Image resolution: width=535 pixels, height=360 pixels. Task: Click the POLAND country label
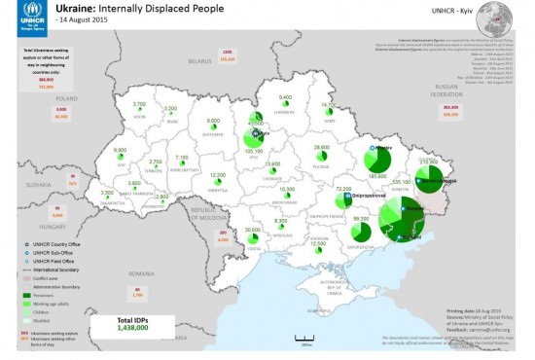65,98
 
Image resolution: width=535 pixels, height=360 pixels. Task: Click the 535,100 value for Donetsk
402,181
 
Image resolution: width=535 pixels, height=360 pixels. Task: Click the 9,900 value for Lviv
121,149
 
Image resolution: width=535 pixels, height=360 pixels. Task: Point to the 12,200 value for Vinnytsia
219,175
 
